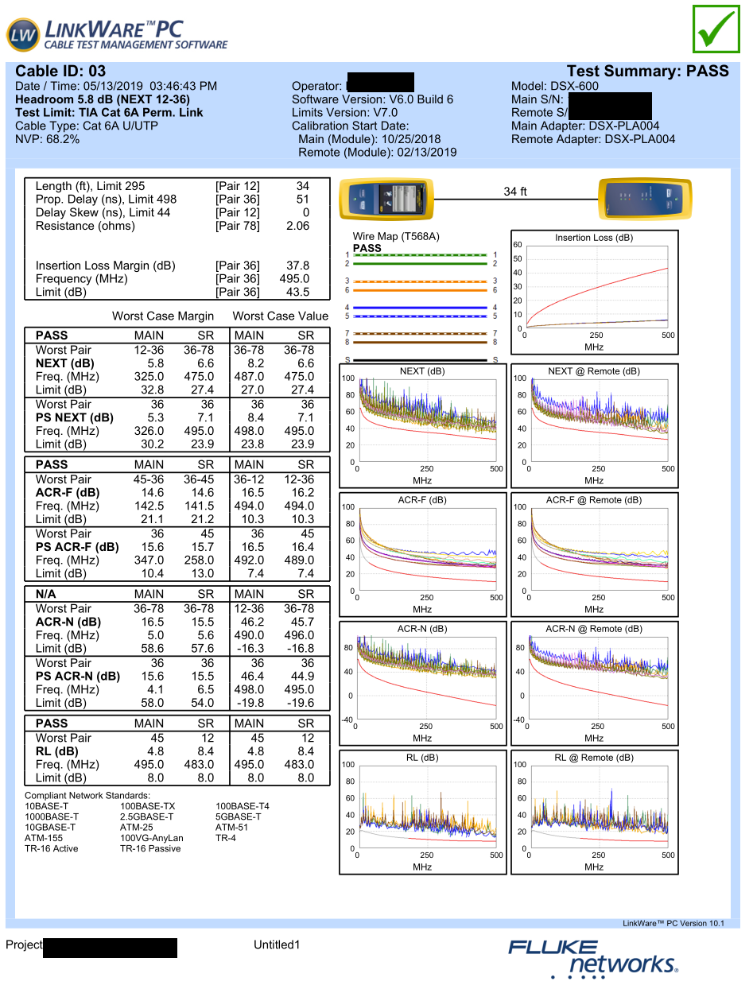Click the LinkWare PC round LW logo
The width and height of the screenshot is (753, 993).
click(23, 35)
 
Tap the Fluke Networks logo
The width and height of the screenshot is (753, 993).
click(593, 958)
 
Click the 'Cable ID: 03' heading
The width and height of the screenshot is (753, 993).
click(60, 72)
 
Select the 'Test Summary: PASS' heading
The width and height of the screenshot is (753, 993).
click(647, 72)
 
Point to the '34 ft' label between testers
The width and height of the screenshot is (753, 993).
click(515, 192)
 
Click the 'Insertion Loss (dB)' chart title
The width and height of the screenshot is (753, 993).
click(594, 238)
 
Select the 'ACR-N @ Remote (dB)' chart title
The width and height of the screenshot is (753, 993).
click(594, 629)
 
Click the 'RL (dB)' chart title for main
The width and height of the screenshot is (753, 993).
click(422, 758)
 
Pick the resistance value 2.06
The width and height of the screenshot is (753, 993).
click(297, 226)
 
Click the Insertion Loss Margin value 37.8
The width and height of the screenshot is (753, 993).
click(297, 266)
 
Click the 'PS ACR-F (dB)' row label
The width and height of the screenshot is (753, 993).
click(77, 547)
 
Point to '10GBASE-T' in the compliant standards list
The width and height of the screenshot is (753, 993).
click(50, 827)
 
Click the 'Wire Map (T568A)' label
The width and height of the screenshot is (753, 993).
click(396, 237)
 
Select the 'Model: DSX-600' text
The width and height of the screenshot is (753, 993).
click(555, 86)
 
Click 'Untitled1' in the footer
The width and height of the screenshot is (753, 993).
click(277, 945)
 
